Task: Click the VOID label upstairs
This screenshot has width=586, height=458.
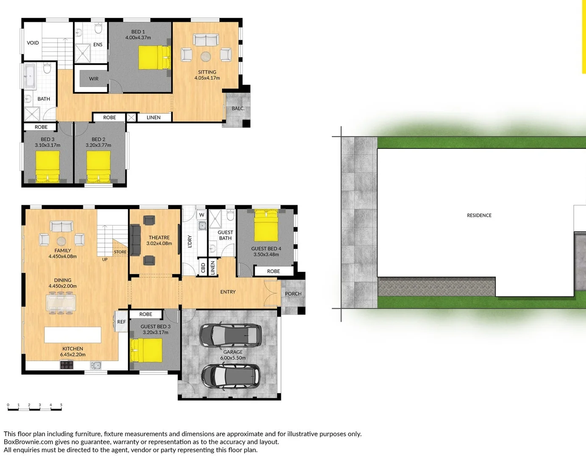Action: [x=33, y=43]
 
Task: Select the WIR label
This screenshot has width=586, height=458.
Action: [x=94, y=79]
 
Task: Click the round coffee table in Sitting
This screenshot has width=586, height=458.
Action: [x=206, y=56]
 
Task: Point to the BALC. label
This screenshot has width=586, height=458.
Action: [x=238, y=109]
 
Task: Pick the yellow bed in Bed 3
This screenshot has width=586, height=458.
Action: [x=47, y=167]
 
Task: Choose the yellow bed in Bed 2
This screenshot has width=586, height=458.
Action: [x=99, y=167]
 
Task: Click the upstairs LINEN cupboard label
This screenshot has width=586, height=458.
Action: [x=153, y=117]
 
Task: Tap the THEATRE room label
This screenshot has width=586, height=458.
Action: [x=159, y=237]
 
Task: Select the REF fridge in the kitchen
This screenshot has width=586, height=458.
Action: [x=121, y=322]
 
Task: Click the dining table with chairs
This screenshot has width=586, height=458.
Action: [x=61, y=304]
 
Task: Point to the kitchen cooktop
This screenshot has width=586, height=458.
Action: [x=67, y=365]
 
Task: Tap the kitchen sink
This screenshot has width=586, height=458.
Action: [x=96, y=365]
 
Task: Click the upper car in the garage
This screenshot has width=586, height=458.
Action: [x=230, y=335]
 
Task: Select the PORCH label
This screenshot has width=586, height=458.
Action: [x=293, y=293]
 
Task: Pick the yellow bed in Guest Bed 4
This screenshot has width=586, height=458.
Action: [x=266, y=226]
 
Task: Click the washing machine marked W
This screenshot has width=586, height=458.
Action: [x=202, y=215]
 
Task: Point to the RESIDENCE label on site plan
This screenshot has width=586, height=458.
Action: [x=479, y=215]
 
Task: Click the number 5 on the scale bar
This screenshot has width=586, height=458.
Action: [x=61, y=405]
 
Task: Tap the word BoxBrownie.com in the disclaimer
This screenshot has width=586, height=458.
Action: [x=28, y=442]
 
